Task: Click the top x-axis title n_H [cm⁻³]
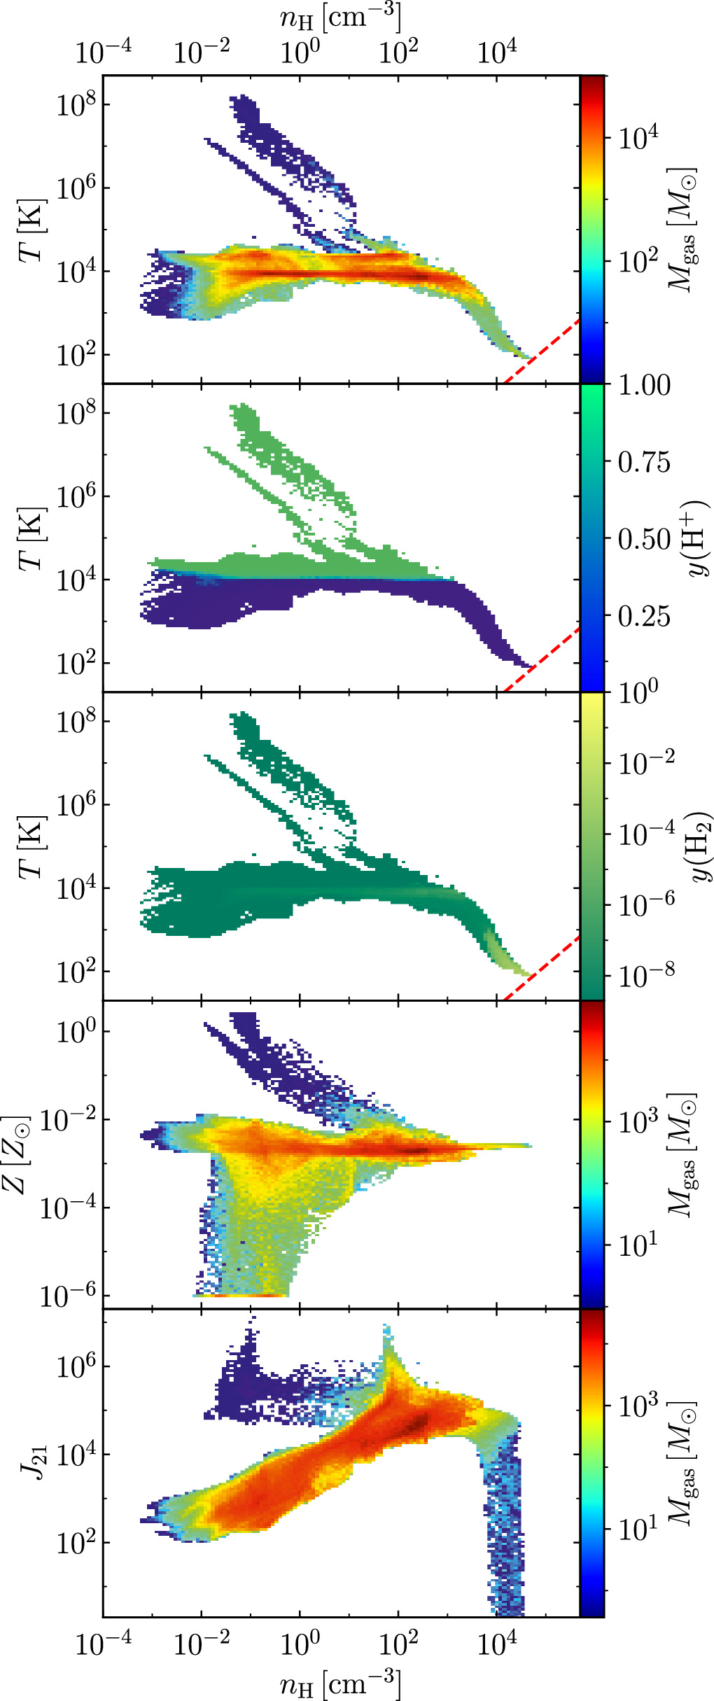(x=340, y=17)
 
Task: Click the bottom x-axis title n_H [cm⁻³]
(x=340, y=1683)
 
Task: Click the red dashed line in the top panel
(x=542, y=350)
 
